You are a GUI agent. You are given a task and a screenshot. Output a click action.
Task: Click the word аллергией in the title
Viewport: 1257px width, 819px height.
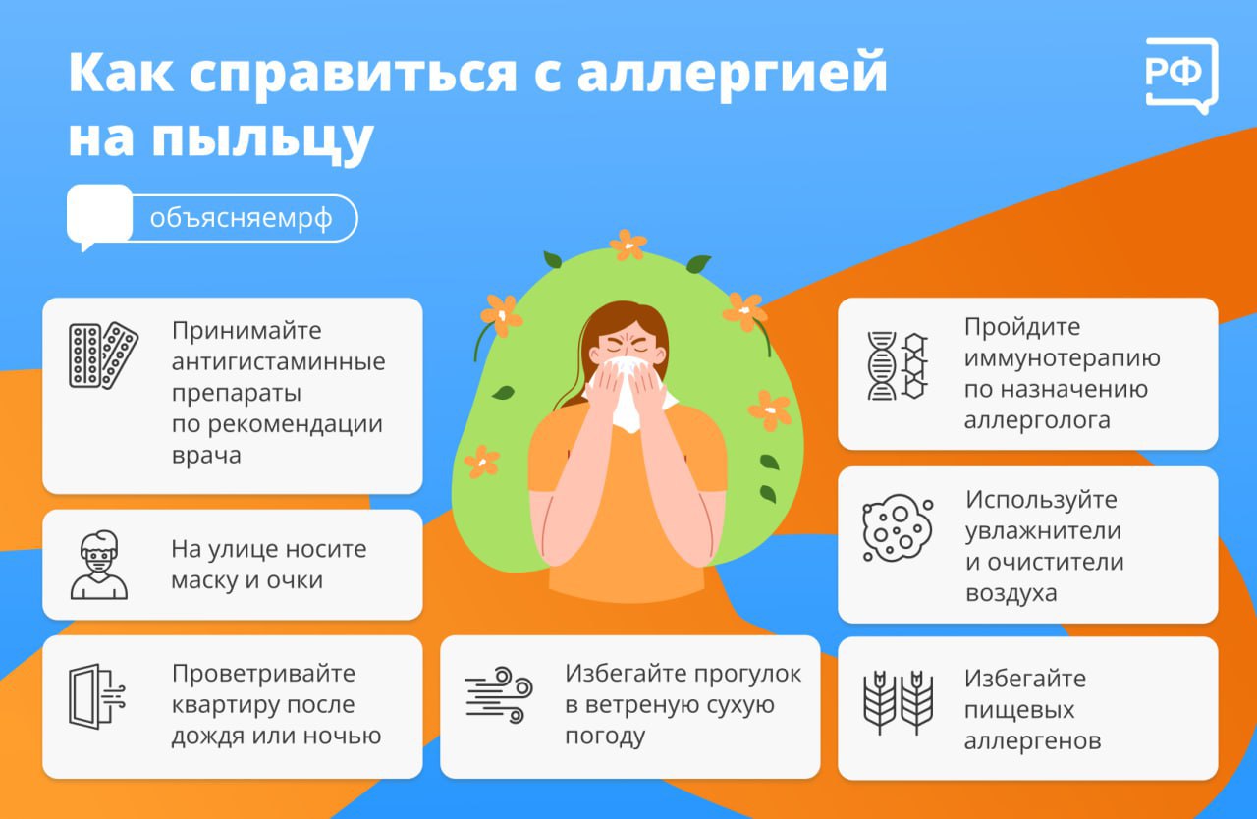coord(733,73)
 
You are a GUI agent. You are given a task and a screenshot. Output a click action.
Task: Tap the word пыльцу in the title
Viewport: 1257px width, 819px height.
coord(262,138)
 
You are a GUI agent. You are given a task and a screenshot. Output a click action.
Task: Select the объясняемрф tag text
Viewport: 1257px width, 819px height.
coord(242,218)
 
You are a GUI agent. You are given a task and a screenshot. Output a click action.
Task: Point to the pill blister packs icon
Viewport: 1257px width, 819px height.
coord(103,355)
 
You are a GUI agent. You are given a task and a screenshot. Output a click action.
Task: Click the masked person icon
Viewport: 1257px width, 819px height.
coord(99,565)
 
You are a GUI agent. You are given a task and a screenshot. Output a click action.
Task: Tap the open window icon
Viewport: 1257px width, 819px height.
coord(96,696)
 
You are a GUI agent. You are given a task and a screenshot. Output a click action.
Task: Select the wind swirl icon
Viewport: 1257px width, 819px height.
coord(498,695)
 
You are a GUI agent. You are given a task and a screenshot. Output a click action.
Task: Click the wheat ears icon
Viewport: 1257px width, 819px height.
coord(898,702)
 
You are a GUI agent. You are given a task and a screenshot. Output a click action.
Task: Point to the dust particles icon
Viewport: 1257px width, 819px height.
coord(897,528)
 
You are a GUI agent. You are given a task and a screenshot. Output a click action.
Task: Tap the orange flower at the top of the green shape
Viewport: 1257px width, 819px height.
coord(628,245)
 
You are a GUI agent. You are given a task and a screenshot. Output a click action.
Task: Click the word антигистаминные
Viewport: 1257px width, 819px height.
coord(278,361)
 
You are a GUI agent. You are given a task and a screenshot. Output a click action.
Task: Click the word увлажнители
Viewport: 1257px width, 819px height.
coord(1043,531)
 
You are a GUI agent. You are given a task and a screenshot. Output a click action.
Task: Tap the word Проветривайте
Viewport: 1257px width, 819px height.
coord(263,674)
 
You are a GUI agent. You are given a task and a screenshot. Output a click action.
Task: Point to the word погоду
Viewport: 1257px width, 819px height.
coord(605,737)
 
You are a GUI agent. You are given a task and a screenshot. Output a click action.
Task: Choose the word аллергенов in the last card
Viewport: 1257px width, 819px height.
coord(1032,741)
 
